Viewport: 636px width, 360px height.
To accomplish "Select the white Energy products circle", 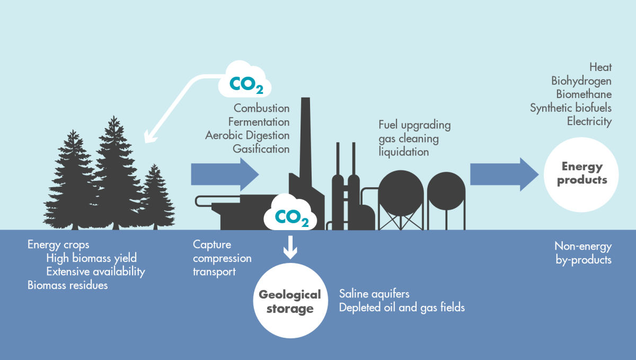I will coord(582,173).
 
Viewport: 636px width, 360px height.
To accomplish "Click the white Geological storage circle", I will coord(290,301).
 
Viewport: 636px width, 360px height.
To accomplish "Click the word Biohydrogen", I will coord(581,81).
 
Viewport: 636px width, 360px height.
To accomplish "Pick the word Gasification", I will coord(261,149).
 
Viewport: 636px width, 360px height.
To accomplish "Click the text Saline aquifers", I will coord(374,294).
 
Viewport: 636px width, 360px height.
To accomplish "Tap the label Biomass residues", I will coord(67,285).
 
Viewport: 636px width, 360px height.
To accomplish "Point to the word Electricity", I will coord(589,121).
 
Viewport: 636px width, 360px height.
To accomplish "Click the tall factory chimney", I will coord(305,143).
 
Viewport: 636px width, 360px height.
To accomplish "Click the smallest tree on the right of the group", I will coord(154,199).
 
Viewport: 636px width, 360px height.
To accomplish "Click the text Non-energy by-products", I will coord(583,253).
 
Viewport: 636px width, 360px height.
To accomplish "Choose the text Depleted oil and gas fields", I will coord(402,308).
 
